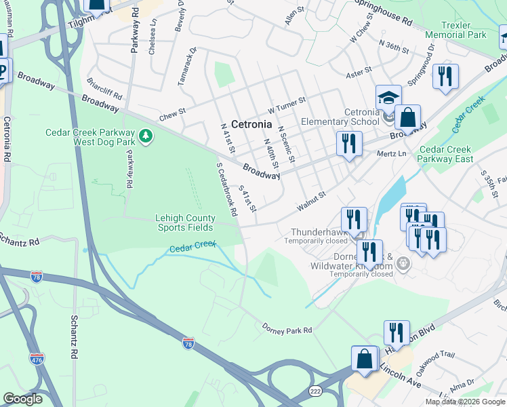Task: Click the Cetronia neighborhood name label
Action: (x=251, y=125)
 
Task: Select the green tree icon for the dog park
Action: (x=145, y=137)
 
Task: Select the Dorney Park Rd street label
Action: (x=287, y=329)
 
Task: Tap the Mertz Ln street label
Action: (x=392, y=154)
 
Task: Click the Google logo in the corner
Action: (x=22, y=399)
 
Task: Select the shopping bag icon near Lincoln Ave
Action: (x=364, y=359)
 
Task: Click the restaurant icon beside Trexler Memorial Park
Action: (x=445, y=77)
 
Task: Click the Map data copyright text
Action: (x=464, y=402)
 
